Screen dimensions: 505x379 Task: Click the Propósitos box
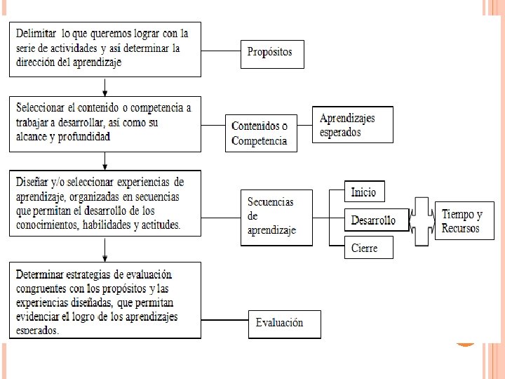[272, 52]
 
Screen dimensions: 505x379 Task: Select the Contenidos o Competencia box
[260, 133]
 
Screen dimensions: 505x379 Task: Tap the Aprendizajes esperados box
[352, 125]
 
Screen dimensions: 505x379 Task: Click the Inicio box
[364, 192]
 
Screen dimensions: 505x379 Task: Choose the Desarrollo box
[375, 220]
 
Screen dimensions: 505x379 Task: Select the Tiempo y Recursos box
[464, 220]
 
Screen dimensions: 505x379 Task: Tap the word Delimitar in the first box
[37, 33]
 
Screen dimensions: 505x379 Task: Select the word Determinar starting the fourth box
[43, 274]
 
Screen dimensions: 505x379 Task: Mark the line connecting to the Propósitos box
[220, 52]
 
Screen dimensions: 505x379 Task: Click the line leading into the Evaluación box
[224, 321]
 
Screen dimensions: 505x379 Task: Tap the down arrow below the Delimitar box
[105, 87]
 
